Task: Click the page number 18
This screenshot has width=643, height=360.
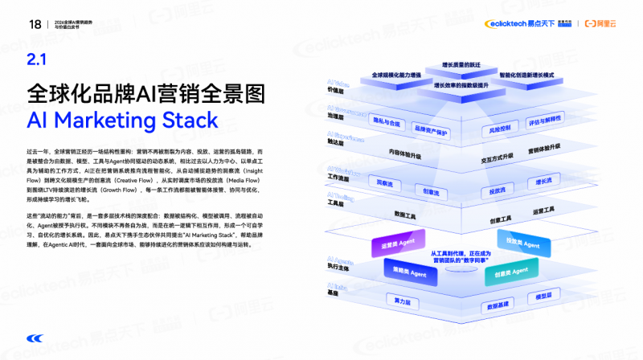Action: tap(35, 23)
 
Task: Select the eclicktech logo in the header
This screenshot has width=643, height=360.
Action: tap(521, 23)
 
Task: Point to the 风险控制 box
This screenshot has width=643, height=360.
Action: tap(500, 129)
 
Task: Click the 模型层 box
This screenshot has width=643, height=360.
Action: tap(544, 296)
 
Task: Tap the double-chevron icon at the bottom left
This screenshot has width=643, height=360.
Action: tap(35, 337)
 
